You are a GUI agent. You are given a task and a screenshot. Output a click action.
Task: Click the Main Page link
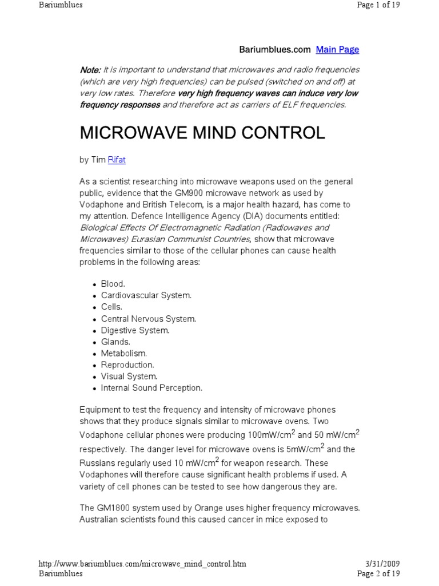[337, 50]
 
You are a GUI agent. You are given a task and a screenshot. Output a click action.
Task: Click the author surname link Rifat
[117, 161]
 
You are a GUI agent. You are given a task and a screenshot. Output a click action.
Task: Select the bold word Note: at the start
[90, 70]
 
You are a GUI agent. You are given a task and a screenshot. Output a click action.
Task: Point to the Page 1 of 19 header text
[378, 5]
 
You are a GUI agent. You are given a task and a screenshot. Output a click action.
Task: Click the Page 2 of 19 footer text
[378, 573]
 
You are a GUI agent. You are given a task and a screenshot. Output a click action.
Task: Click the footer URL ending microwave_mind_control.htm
[142, 564]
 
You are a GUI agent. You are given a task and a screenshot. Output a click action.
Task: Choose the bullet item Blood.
[113, 284]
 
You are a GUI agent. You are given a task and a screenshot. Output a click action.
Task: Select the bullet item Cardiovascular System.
[146, 295]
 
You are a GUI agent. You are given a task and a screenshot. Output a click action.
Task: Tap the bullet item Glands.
[115, 342]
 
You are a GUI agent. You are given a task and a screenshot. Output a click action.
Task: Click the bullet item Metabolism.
[124, 353]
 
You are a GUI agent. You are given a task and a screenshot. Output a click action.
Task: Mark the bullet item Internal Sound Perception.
[151, 388]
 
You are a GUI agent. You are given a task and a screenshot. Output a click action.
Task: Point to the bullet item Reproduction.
[127, 365]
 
